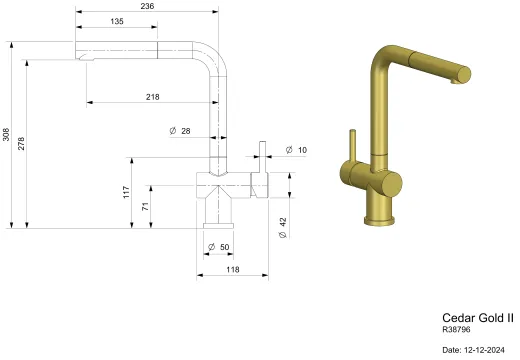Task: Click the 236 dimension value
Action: (x=147, y=6)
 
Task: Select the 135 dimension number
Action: (x=117, y=21)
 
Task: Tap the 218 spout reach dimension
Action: (x=153, y=97)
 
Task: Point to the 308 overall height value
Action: (x=6, y=135)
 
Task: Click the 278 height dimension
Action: (x=21, y=143)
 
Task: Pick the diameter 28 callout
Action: (x=180, y=131)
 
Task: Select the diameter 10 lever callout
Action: (x=296, y=150)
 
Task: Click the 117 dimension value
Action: (x=126, y=192)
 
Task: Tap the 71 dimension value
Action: (x=145, y=207)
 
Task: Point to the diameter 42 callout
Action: (x=283, y=228)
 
